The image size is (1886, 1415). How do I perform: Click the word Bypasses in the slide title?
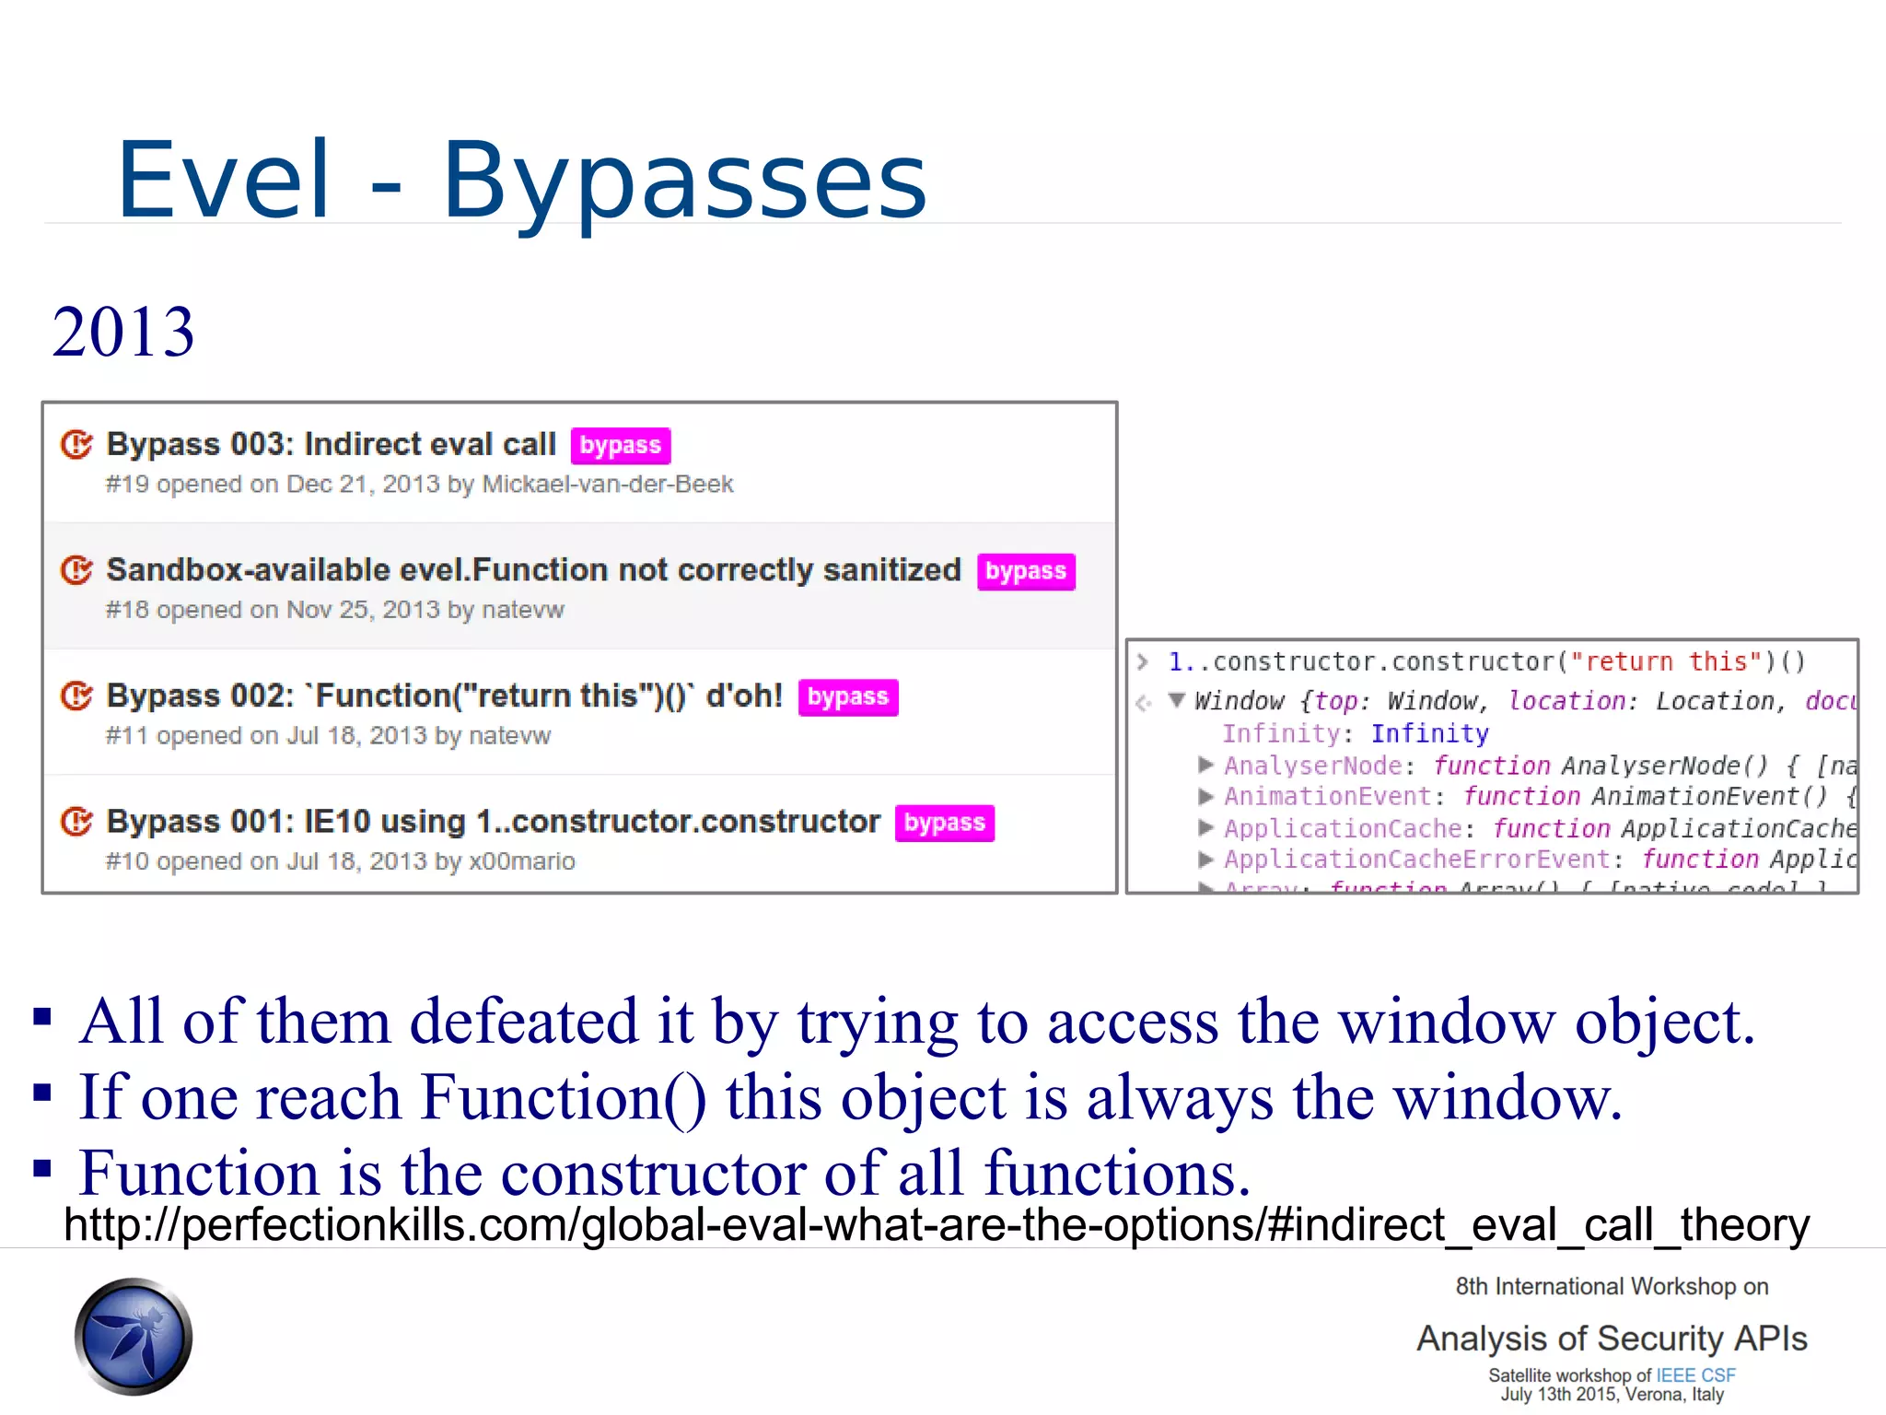pyautogui.click(x=684, y=181)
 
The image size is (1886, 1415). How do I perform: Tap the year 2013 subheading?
pyautogui.click(x=123, y=332)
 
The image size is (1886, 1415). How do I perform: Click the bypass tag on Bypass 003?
pyautogui.click(x=620, y=446)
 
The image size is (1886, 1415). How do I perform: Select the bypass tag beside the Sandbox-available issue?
pyautogui.click(x=1025, y=572)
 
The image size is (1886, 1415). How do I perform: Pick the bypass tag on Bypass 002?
pyautogui.click(x=847, y=697)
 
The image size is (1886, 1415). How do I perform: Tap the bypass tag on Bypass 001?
pyautogui.click(x=944, y=823)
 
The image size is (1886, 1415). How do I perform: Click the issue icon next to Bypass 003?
pyautogui.click(x=76, y=445)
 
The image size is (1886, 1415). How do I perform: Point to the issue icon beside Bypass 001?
pyautogui.click(x=76, y=822)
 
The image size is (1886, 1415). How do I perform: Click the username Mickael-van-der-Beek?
pyautogui.click(x=608, y=485)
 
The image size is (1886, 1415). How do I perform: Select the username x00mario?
pyautogui.click(x=522, y=861)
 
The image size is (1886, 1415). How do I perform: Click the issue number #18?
pyautogui.click(x=127, y=610)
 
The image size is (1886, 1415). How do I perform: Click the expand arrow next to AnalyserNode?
pyautogui.click(x=1205, y=765)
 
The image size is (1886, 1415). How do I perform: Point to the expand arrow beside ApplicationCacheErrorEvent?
pyautogui.click(x=1205, y=860)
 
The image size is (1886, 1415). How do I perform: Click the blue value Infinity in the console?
pyautogui.click(x=1429, y=733)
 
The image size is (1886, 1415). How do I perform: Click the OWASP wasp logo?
pyautogui.click(x=134, y=1336)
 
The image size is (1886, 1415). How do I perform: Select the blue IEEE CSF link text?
pyautogui.click(x=1695, y=1375)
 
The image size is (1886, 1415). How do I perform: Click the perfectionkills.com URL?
pyautogui.click(x=937, y=1225)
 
